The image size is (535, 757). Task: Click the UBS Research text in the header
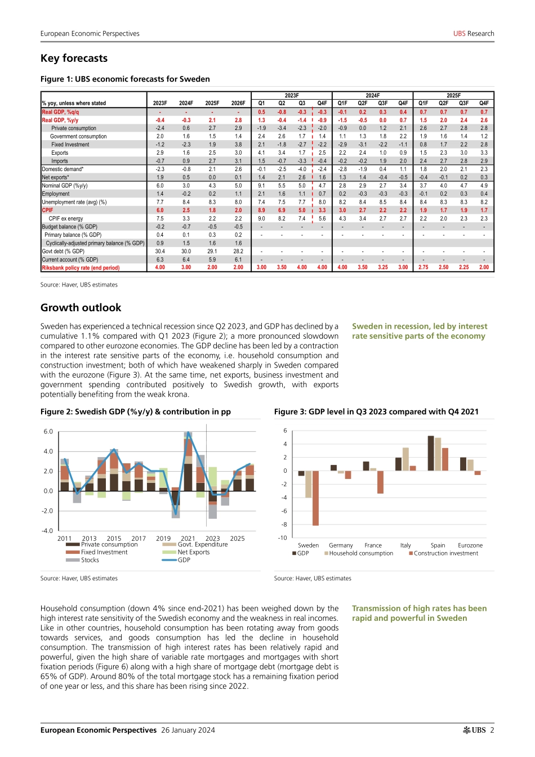tap(474, 34)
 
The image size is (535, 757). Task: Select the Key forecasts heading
tap(74, 59)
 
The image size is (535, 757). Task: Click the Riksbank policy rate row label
tap(81, 268)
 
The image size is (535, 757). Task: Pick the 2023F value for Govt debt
tap(160, 252)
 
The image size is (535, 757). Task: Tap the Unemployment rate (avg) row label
tap(74, 202)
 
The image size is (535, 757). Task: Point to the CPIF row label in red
tap(47, 210)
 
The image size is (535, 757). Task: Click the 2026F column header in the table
tap(238, 104)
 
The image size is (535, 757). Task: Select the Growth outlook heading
tap(81, 308)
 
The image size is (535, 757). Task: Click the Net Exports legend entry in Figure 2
tap(193, 552)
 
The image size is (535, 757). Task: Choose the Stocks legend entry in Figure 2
tap(90, 560)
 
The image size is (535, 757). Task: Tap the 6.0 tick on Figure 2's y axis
tap(48, 432)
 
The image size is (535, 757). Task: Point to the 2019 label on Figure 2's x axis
tap(163, 539)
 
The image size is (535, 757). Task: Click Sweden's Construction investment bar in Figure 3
tap(315, 498)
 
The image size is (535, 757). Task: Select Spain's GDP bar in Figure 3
tap(431, 453)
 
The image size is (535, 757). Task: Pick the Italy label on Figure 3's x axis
tap(405, 545)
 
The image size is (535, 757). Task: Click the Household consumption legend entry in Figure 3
tap(361, 553)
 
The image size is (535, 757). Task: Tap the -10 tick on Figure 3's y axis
tap(282, 538)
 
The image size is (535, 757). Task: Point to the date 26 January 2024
tap(188, 731)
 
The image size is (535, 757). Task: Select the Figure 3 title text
tap(376, 412)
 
